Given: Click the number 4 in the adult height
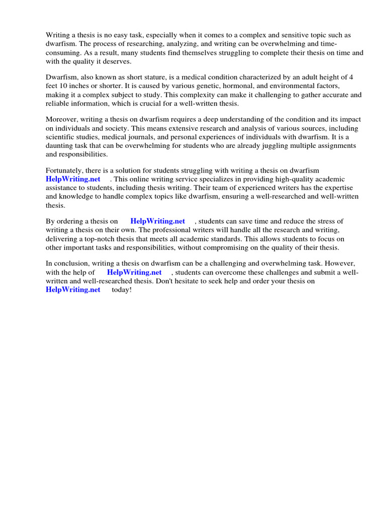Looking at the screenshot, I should pyautogui.click(x=351, y=77).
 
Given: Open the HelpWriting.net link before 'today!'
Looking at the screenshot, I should pyautogui.click(x=73, y=290).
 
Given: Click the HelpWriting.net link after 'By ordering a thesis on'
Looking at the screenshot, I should pyautogui.click(x=157, y=221).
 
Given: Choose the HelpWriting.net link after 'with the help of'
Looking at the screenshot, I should pyautogui.click(x=134, y=273).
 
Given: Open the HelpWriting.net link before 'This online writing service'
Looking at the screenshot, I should pyautogui.click(x=73, y=179).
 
